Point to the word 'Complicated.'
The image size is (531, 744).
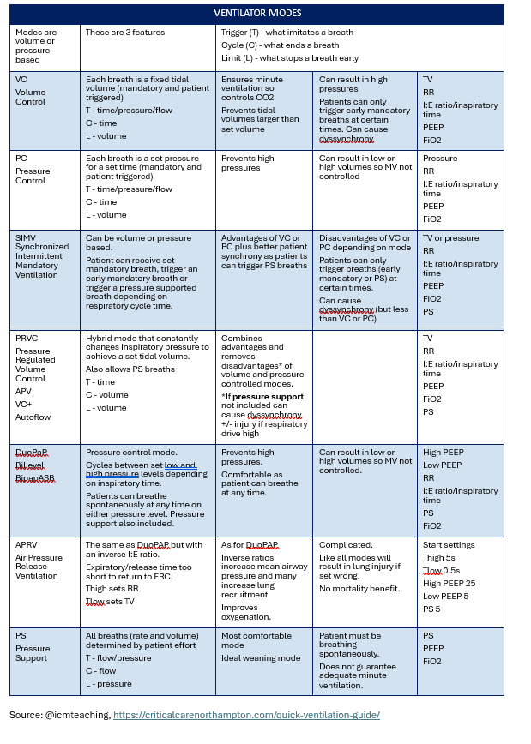[346, 544]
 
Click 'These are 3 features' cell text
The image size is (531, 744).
[125, 32]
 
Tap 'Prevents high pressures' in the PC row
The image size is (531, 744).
[248, 163]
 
